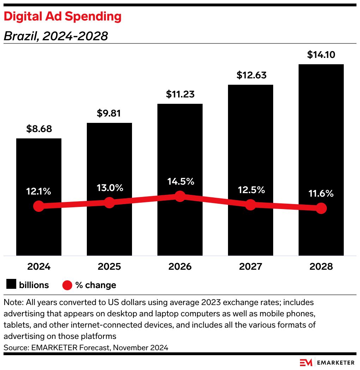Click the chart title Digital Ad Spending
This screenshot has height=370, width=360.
(x=62, y=16)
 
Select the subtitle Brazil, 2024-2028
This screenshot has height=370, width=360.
(x=56, y=36)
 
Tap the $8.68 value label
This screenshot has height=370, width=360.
(x=39, y=129)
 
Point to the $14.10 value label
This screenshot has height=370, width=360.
(x=321, y=55)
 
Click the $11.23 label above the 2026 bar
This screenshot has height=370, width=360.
(x=180, y=94)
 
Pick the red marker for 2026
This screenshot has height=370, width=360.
(x=180, y=196)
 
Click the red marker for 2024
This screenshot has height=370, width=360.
(x=39, y=206)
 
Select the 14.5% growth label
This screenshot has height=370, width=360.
(x=180, y=181)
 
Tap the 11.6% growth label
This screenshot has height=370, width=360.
(x=321, y=193)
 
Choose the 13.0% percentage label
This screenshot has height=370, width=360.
(x=109, y=188)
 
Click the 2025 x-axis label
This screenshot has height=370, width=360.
(x=109, y=267)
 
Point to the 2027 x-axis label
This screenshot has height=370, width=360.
(x=251, y=267)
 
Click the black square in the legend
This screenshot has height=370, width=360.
(x=11, y=285)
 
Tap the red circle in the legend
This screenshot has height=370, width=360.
(x=67, y=285)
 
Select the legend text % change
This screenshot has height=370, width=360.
(x=96, y=285)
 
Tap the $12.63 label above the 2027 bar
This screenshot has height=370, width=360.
(x=251, y=75)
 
